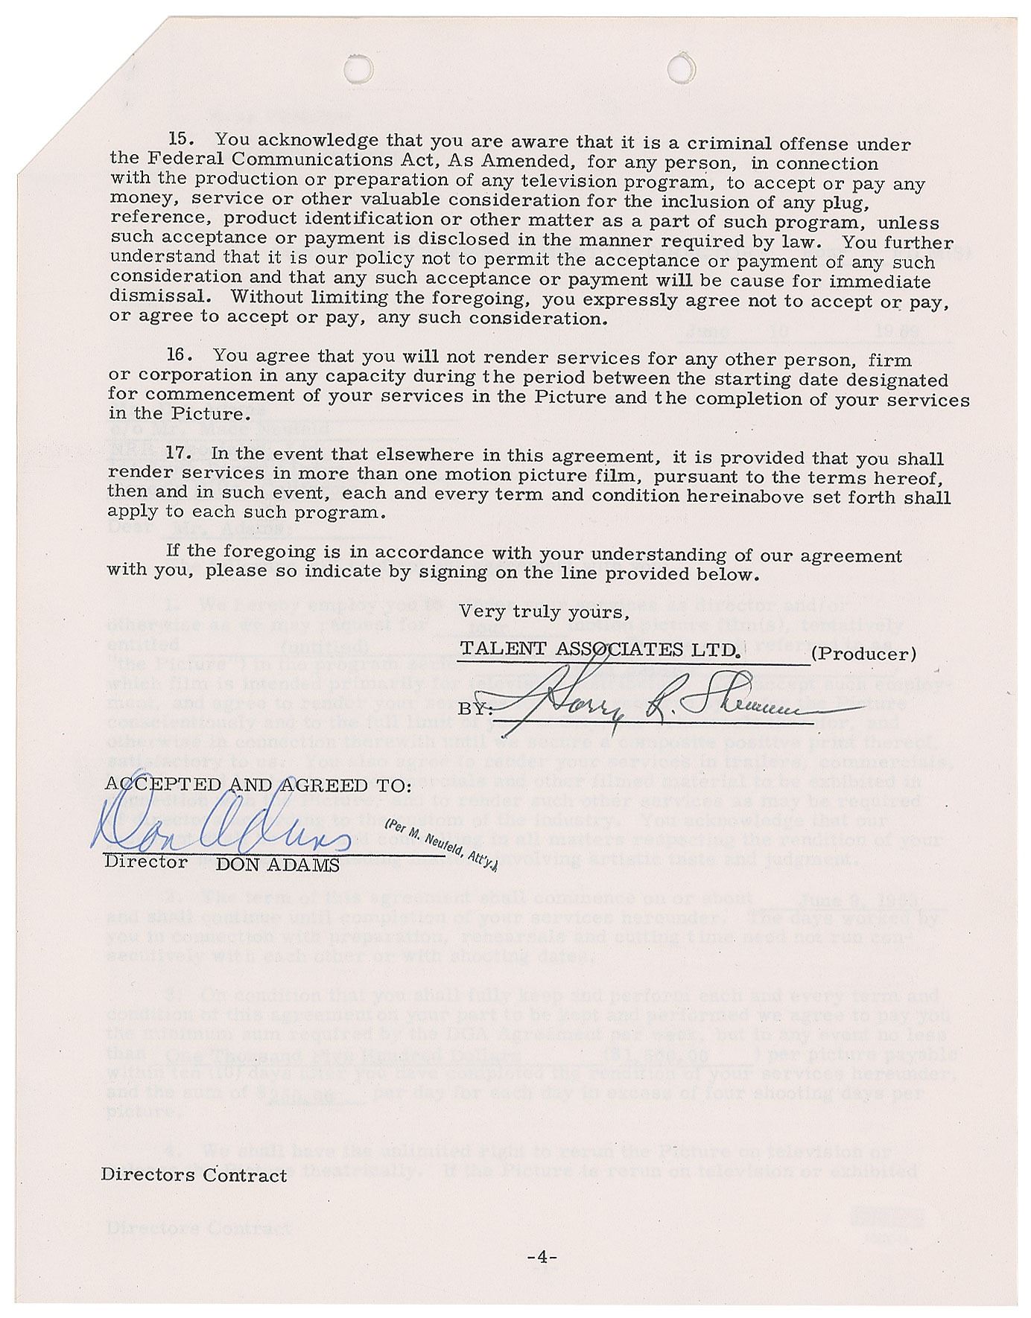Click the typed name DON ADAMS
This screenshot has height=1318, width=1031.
tap(277, 865)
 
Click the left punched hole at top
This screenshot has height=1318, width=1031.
tap(358, 68)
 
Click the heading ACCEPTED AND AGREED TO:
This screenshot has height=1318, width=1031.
tap(258, 785)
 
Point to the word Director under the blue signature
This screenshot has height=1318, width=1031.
tap(146, 862)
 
